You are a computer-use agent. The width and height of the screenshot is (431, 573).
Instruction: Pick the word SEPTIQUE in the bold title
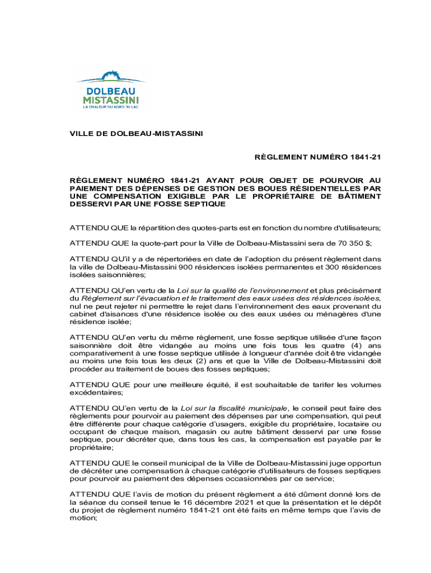click(205, 204)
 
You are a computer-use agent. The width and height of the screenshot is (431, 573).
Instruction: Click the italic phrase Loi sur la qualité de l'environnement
click(242, 290)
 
